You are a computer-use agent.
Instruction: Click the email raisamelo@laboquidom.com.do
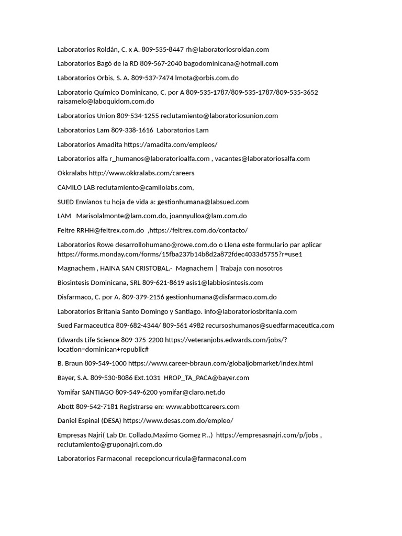106,102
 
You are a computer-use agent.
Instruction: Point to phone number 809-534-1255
138,116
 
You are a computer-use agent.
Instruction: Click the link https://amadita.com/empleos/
171,144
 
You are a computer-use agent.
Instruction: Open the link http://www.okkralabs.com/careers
141,173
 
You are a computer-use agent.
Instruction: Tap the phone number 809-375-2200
142,340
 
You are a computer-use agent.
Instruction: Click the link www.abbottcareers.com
203,406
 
